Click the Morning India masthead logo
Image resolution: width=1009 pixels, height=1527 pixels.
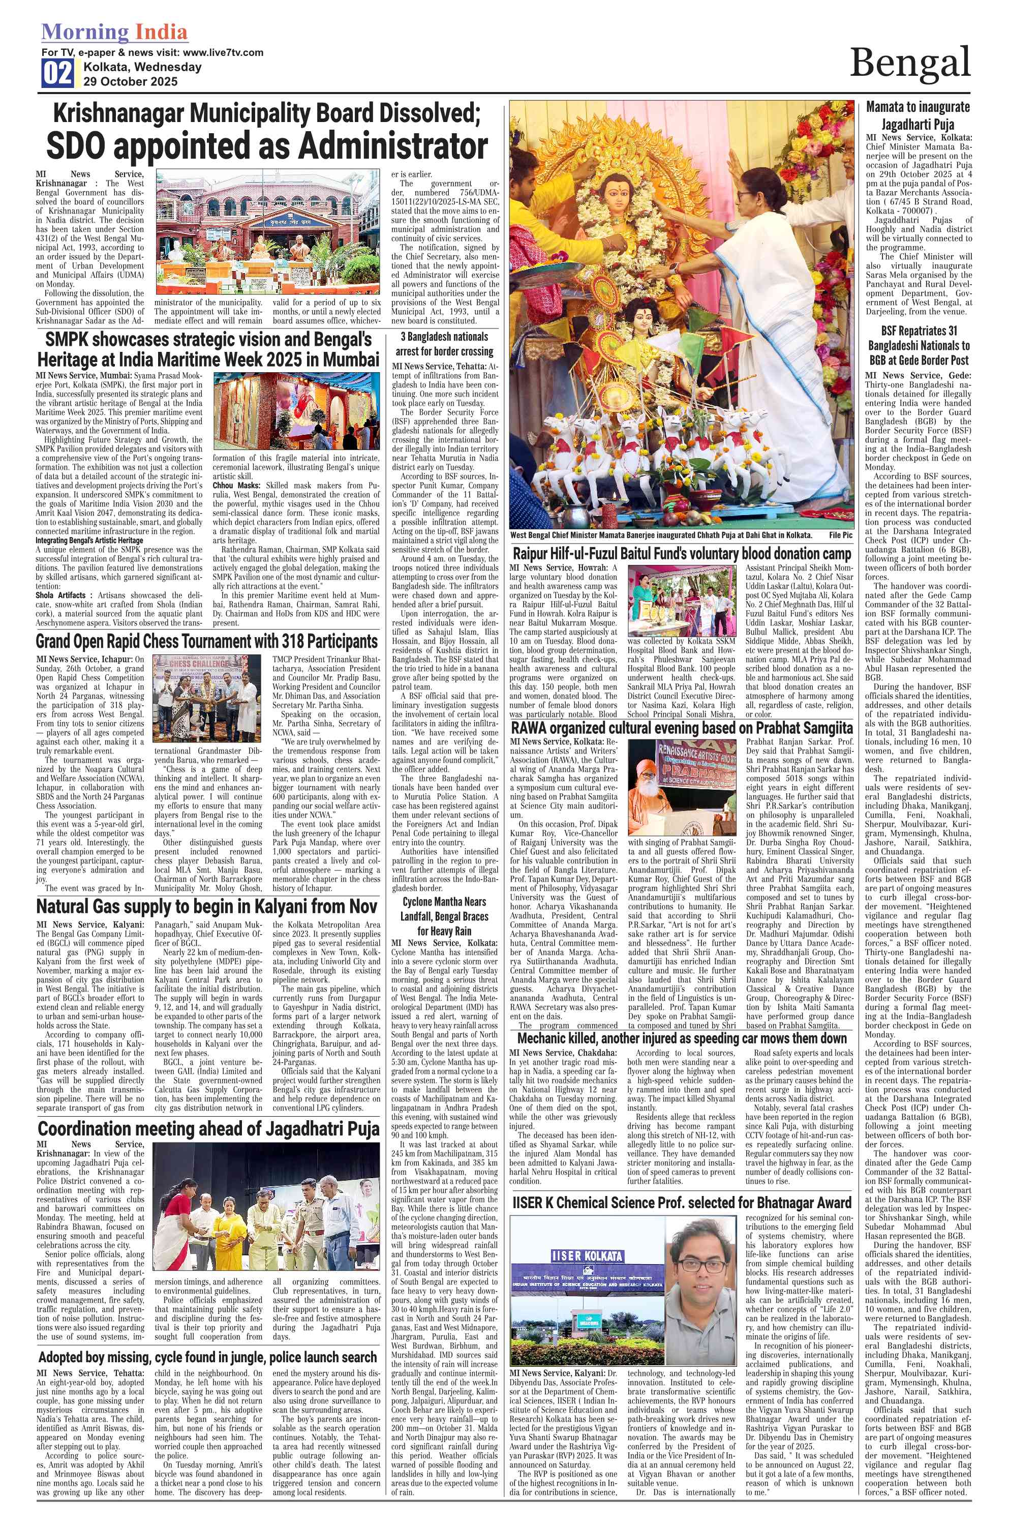coord(114,32)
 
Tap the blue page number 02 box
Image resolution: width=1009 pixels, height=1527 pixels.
coord(58,73)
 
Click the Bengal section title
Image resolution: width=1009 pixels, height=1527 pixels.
coord(909,63)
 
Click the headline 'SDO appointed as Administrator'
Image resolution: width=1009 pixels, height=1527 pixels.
coord(266,146)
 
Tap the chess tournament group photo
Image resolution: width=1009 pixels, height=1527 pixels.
coord(206,689)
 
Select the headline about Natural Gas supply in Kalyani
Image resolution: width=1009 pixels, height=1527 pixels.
coord(206,907)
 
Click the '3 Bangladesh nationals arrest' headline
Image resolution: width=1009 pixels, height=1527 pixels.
coord(445,344)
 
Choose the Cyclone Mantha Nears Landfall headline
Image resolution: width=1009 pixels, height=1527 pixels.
coord(445,916)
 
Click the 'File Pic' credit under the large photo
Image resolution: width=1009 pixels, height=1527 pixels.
coord(840,535)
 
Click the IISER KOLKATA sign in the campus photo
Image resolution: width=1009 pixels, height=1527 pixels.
coord(587,1255)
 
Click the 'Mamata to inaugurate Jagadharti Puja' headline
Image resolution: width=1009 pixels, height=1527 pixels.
coord(918,116)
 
